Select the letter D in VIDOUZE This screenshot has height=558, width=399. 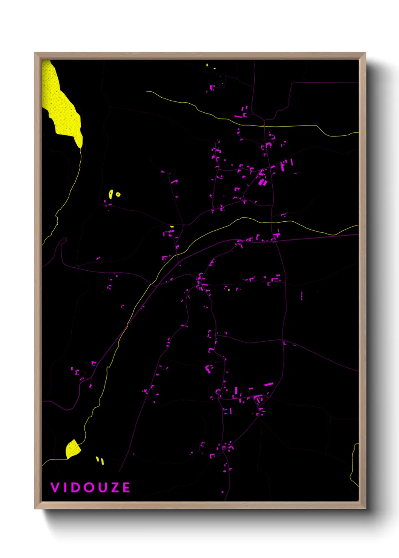point(76,487)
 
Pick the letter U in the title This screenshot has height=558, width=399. point(103,487)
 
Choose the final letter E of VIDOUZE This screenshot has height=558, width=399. point(126,487)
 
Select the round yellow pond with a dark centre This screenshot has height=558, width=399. point(118,195)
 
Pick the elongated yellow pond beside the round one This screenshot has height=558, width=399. point(111,194)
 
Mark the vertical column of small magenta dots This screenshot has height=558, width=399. point(301,296)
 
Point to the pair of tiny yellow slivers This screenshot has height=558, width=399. point(100,460)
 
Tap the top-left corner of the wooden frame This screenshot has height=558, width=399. point(35,54)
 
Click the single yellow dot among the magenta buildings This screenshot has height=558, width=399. point(229,290)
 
